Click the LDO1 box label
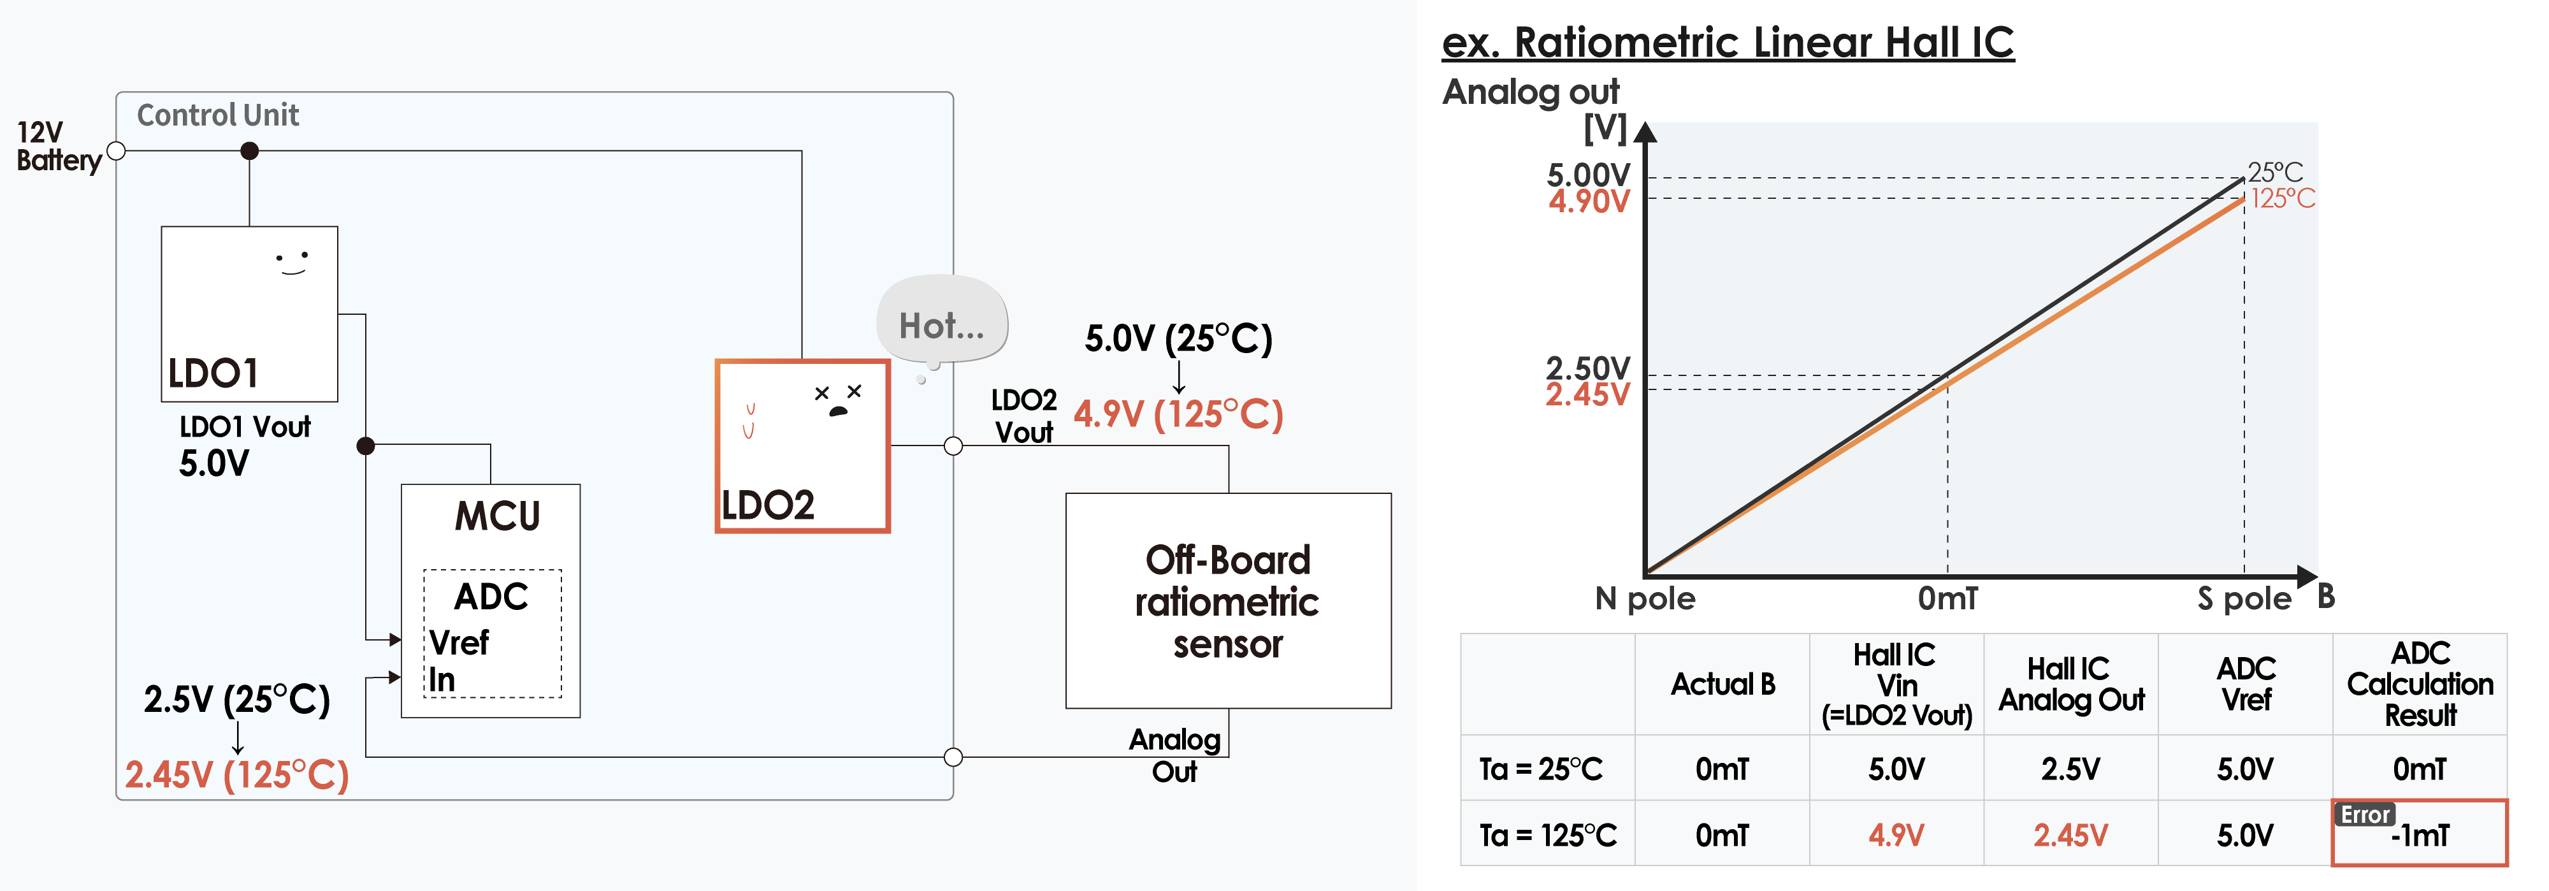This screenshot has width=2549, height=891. pos(213,373)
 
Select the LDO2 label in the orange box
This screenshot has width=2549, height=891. pos(768,506)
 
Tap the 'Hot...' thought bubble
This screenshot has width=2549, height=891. pos(941,324)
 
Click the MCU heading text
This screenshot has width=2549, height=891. pos(497,516)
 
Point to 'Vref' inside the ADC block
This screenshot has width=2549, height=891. pos(459,642)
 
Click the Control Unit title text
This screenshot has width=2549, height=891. pos(218,115)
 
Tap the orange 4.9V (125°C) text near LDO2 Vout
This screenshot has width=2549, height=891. pos(1178,414)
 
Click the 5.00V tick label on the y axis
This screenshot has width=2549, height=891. pos(1587,175)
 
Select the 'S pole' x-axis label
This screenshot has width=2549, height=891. pos(2243,598)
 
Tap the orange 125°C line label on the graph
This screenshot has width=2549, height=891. pos(2283,199)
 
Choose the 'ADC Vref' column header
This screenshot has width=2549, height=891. pos(2245,684)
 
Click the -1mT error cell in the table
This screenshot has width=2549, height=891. pos(2420,834)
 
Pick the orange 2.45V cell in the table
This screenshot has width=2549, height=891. pos(2070,834)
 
